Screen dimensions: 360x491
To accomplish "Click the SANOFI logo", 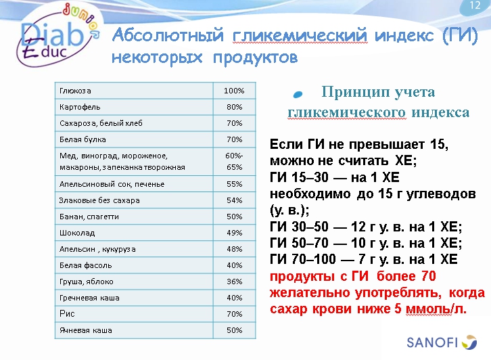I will click(440, 342).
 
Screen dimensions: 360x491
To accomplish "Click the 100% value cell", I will click(234, 91).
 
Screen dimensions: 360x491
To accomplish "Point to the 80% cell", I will click(234, 107).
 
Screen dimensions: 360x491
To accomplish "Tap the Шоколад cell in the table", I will click(76, 233).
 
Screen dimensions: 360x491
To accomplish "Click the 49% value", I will click(234, 233).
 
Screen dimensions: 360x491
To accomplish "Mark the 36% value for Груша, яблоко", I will click(234, 282).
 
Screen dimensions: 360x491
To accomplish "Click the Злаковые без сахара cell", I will click(100, 200).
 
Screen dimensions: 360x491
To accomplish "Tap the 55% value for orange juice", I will click(234, 184).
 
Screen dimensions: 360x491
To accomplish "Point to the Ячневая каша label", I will click(86, 330).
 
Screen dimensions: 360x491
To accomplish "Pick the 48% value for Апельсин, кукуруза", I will click(234, 249).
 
